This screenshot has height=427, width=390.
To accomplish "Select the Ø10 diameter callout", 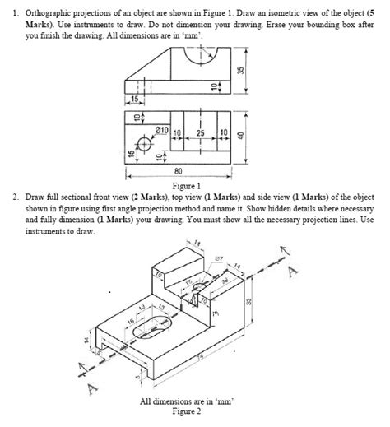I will click(162, 132).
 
